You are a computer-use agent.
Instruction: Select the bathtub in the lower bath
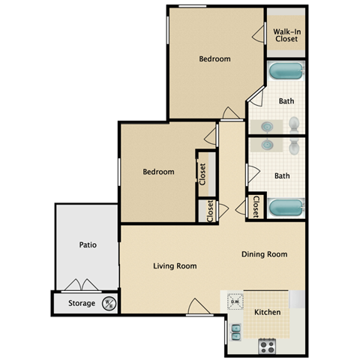click(x=286, y=207)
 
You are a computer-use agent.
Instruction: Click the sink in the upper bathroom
click(x=268, y=124)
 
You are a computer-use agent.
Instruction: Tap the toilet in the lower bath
click(x=294, y=145)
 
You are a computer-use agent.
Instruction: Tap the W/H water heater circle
click(x=108, y=304)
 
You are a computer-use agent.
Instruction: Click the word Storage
click(x=82, y=304)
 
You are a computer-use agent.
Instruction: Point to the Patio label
click(x=88, y=244)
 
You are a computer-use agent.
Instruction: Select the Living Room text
click(x=175, y=265)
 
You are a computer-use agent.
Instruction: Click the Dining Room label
click(x=264, y=254)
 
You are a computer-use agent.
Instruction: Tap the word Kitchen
click(x=268, y=311)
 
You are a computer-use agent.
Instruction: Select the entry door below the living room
click(x=196, y=307)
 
